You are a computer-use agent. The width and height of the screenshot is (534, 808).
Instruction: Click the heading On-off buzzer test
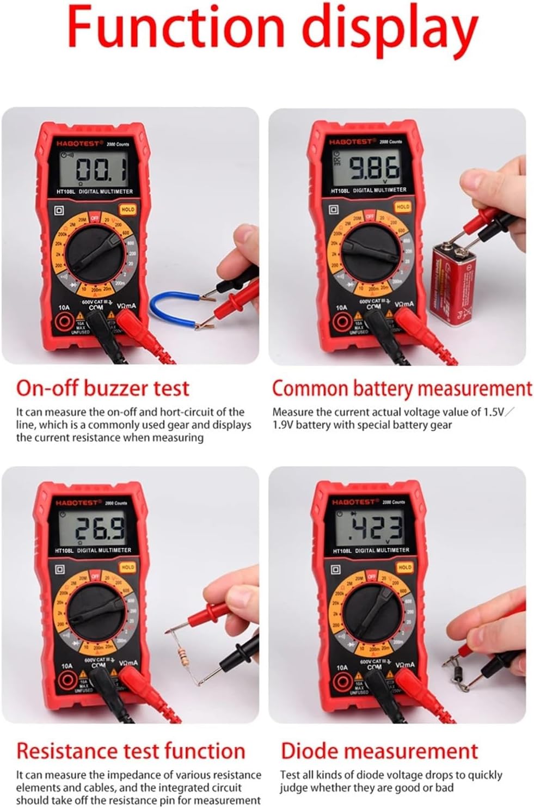point(102,388)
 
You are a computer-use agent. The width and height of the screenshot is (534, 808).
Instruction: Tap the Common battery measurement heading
point(402,389)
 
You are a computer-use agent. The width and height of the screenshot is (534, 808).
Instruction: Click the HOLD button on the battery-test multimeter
point(403,207)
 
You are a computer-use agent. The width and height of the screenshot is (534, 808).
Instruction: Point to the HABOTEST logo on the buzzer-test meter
point(78,144)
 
